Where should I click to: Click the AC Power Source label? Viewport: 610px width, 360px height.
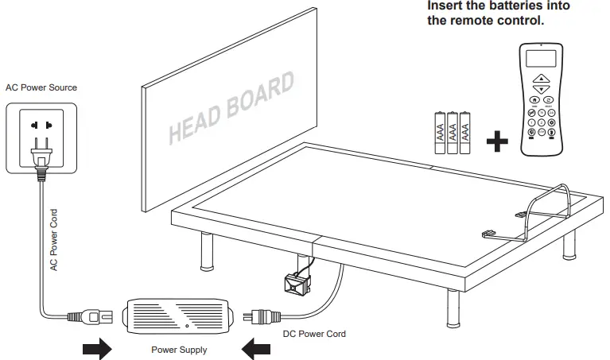coord(41,87)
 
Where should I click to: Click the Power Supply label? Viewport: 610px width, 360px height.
coord(179,350)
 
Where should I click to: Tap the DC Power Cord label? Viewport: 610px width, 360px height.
coord(314,334)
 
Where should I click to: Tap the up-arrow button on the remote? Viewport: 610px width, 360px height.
coord(540,78)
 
